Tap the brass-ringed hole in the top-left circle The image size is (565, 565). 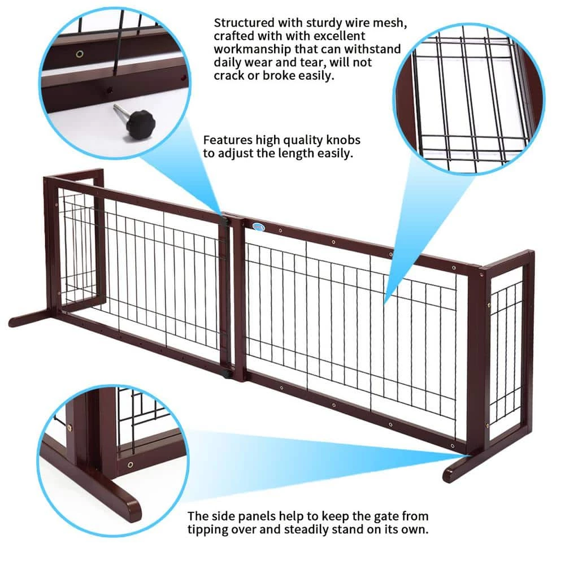click(x=80, y=54)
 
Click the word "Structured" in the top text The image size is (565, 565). click(x=244, y=23)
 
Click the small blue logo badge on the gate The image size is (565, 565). click(x=258, y=227)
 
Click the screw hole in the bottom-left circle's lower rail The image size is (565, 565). click(x=130, y=465)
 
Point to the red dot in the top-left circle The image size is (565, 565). click(x=182, y=77)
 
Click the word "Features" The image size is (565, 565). click(x=228, y=140)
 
